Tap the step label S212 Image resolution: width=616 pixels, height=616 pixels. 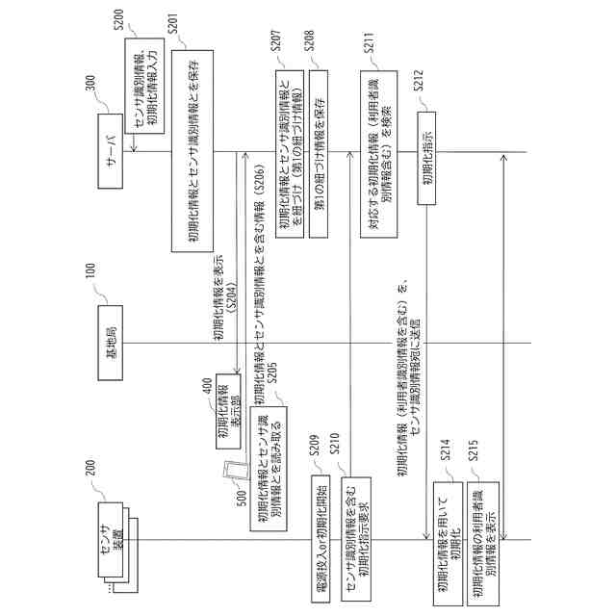(x=420, y=90)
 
